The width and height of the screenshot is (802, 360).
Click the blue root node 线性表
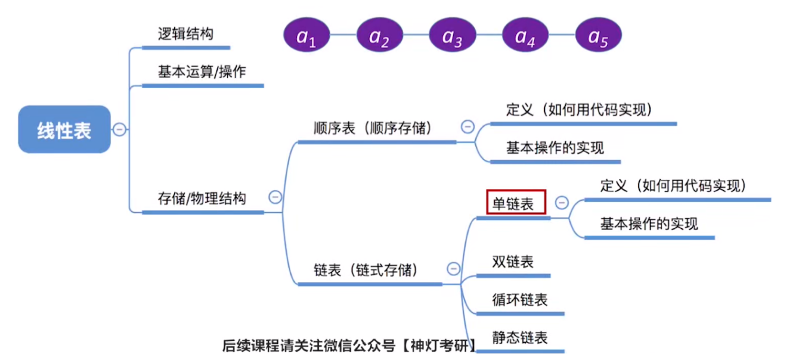(64, 129)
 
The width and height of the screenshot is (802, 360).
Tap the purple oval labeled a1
(306, 36)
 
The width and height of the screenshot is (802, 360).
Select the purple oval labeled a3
(452, 36)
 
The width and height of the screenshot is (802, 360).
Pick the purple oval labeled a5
(598, 36)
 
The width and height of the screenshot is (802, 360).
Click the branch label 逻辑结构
(185, 34)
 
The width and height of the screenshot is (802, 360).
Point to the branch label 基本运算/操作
(202, 72)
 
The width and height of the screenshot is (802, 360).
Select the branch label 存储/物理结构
(202, 198)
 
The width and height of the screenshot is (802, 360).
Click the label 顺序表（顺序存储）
(372, 128)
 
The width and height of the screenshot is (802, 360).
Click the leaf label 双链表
(513, 262)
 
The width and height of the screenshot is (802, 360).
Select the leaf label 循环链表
(519, 299)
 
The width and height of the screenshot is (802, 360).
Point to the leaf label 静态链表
(519, 338)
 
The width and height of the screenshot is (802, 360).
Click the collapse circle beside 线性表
(120, 129)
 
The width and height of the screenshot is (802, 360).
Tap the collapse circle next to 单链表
(562, 203)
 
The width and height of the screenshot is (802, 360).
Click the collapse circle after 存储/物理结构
(275, 197)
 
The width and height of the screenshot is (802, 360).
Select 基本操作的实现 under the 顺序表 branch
(555, 147)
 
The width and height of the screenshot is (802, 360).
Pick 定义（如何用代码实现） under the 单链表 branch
(673, 185)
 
